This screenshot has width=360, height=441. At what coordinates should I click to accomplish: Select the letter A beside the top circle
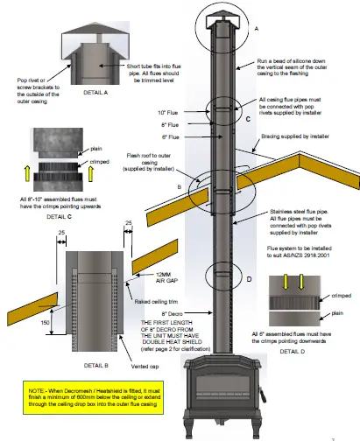click(x=256, y=28)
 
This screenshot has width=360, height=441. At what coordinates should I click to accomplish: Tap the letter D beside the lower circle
click(x=248, y=279)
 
